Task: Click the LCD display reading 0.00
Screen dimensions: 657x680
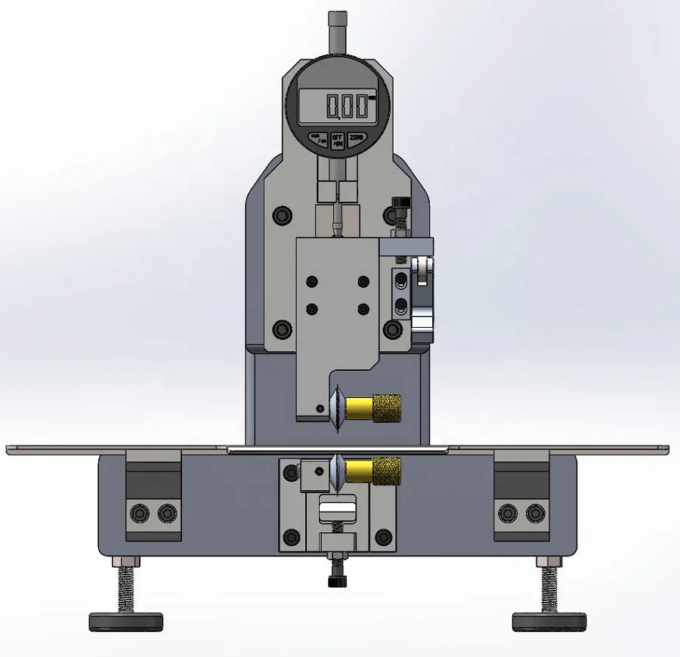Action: click(338, 106)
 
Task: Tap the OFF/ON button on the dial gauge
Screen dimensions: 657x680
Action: click(338, 139)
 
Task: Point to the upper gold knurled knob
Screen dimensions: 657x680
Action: click(385, 408)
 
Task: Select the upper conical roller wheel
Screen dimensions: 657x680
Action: click(336, 409)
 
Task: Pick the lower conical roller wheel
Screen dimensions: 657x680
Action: click(335, 471)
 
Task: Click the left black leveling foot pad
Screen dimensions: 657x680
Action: click(125, 622)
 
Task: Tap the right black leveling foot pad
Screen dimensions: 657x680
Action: click(549, 622)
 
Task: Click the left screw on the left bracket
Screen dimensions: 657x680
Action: click(141, 514)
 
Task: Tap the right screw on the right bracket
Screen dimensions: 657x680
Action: click(536, 514)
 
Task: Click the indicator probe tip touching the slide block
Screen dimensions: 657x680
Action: click(337, 230)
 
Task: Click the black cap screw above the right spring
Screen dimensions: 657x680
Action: click(400, 204)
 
